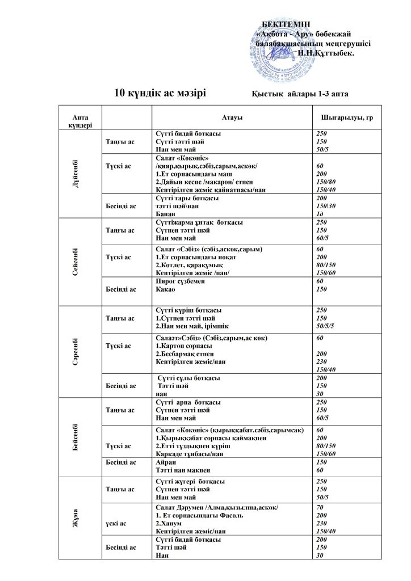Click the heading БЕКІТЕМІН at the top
coord(286,23)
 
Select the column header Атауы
coord(233,117)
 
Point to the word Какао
coord(164,289)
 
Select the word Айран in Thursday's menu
coord(165,462)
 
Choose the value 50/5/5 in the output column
coord(326,326)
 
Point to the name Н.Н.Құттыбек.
coord(325,52)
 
